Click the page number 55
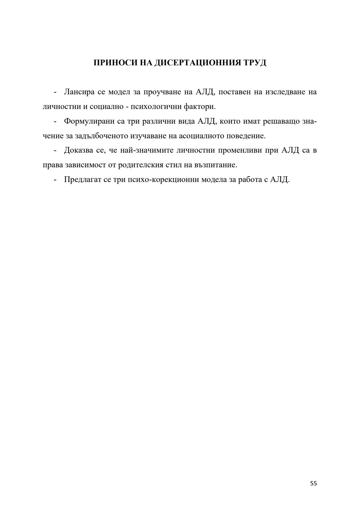pyautogui.click(x=313, y=484)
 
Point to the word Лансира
pyautogui.click(x=79, y=92)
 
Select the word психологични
pyautogui.click(x=156, y=107)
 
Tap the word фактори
pyautogui.click(x=200, y=107)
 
